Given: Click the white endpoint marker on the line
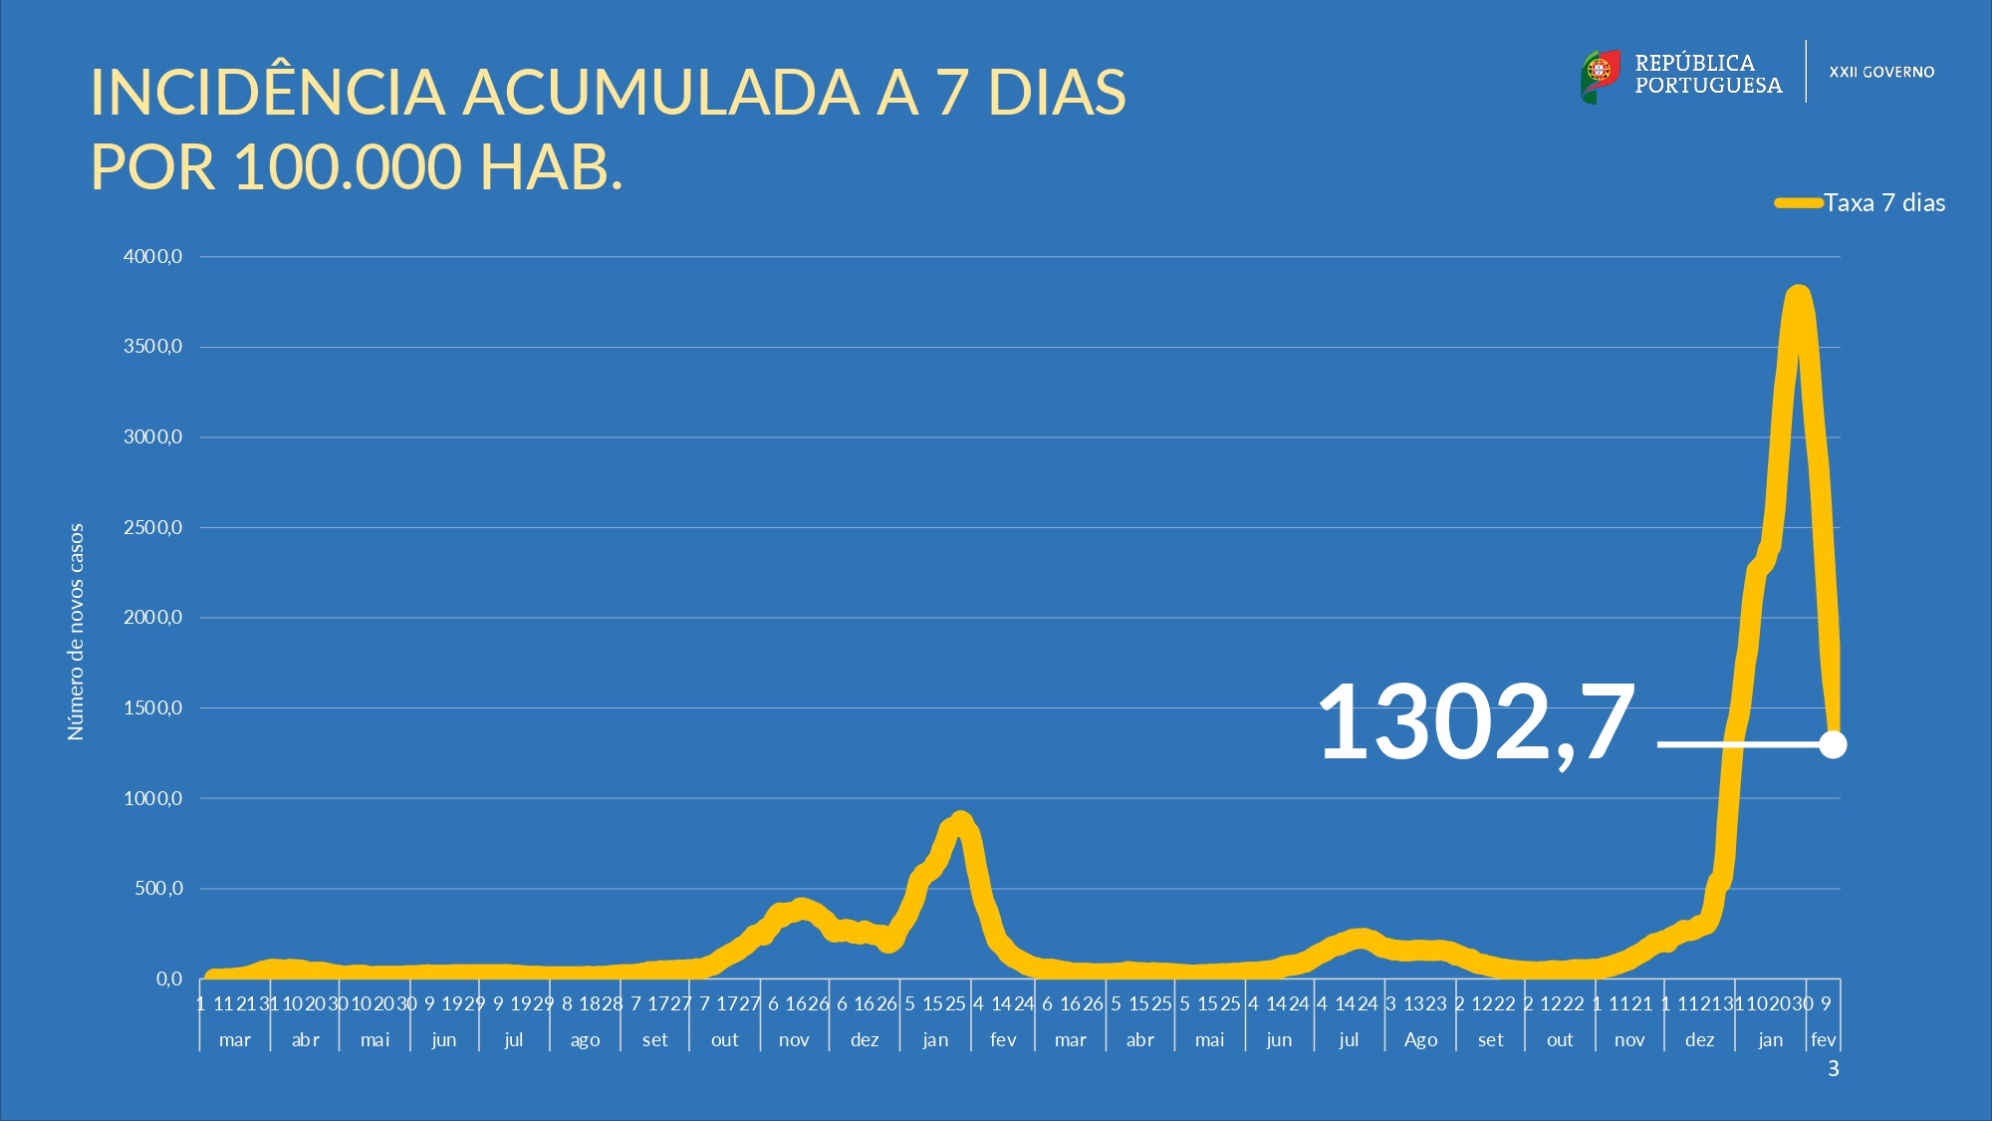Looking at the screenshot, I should click(x=1833, y=744).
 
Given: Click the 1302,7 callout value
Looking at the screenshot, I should click(x=1476, y=722).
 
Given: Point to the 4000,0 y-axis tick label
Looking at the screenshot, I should click(x=152, y=257).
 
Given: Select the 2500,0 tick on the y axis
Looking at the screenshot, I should click(x=152, y=528).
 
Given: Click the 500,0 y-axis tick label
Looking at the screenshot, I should click(x=158, y=889).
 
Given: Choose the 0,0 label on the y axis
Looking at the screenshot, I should click(x=169, y=979).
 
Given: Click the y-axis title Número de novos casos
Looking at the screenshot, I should click(x=76, y=632).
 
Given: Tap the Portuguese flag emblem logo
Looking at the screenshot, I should click(x=1600, y=76).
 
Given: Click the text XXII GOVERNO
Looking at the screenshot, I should click(x=1881, y=73).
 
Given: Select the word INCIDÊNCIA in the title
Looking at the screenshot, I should click(x=267, y=93).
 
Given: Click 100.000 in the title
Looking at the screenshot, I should click(x=348, y=166).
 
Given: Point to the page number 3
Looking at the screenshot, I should click(x=1833, y=1069).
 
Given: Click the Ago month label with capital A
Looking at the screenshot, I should click(x=1420, y=1040).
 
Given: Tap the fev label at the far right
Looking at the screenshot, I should click(x=1823, y=1040).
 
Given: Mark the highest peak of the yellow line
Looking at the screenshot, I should click(x=1798, y=294).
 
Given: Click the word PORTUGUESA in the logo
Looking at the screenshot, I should click(x=1708, y=86).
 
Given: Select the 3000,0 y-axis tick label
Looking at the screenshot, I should click(x=152, y=437).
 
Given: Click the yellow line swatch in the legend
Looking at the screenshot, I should click(x=1798, y=203).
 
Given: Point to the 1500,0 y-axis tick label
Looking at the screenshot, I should click(x=152, y=708).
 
